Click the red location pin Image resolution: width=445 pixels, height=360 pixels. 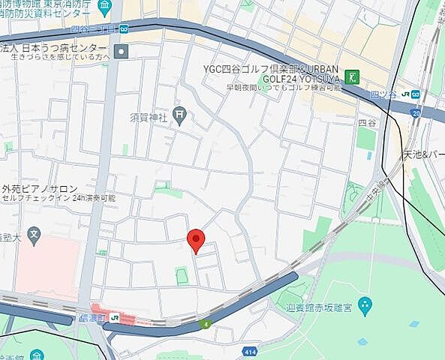point(196,240)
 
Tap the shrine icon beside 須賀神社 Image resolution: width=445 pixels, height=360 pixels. point(179,115)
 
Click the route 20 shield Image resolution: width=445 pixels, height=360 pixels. point(416,112)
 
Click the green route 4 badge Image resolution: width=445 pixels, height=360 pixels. point(206,323)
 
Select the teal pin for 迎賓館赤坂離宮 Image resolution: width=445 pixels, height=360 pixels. point(365,304)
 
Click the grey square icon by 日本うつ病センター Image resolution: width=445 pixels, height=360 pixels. point(123,51)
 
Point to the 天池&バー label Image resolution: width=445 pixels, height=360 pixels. point(423,154)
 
